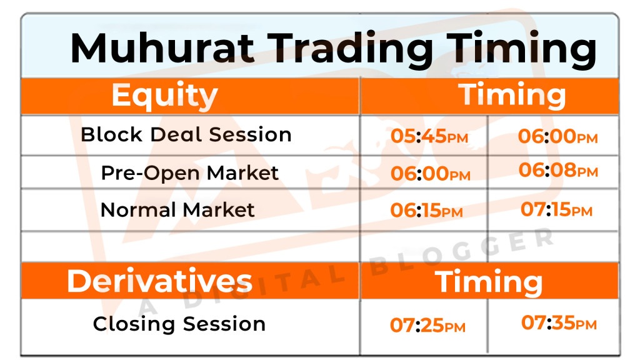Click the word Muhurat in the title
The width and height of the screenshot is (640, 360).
163,47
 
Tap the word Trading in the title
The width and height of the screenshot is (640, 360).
350,49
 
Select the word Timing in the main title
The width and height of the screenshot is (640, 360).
521,49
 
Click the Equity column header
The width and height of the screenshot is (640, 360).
164,96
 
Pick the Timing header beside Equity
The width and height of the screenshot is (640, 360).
512,96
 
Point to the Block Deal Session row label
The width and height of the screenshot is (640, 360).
186,134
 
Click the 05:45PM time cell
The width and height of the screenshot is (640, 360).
429,136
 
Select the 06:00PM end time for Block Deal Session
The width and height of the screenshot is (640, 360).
557,136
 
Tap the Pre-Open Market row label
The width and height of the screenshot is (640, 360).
190,173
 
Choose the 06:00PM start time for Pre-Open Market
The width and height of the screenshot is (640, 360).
431,173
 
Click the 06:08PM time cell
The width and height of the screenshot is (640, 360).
558,170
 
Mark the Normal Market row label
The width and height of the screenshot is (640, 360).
177,210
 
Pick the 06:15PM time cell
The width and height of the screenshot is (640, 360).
426,210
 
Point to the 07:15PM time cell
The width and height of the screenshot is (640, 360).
556,209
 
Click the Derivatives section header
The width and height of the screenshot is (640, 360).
159,281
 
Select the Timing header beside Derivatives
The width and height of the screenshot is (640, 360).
489,282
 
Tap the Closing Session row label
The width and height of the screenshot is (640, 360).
179,324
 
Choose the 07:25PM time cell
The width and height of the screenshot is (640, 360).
427,325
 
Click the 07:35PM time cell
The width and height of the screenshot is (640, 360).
559,322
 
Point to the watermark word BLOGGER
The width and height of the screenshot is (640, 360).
461,252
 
